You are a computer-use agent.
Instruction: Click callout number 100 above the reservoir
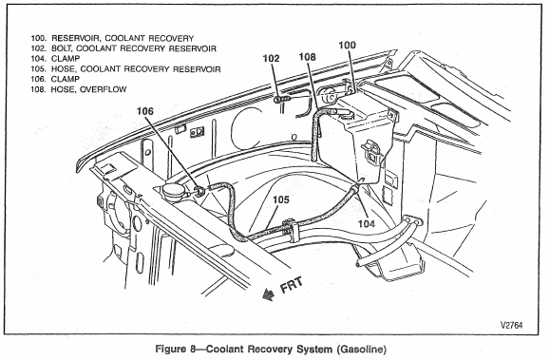pyautogui.click(x=347, y=45)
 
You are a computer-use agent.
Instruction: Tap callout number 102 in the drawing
pyautogui.click(x=271, y=58)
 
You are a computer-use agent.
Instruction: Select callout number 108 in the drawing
pyautogui.click(x=307, y=56)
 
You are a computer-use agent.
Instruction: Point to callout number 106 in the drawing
pyautogui.click(x=145, y=111)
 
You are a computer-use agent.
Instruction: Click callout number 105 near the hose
pyautogui.click(x=281, y=199)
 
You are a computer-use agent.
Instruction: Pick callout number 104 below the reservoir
pyautogui.click(x=367, y=223)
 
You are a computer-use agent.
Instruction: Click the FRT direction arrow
pyautogui.click(x=269, y=294)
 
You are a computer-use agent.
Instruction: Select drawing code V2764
pyautogui.click(x=511, y=325)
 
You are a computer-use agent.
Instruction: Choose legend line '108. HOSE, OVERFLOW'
pyautogui.click(x=79, y=89)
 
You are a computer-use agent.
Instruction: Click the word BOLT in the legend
pyautogui.click(x=62, y=48)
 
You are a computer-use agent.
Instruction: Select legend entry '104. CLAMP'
pyautogui.click(x=55, y=59)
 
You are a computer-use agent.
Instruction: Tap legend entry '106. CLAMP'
pyautogui.click(x=55, y=79)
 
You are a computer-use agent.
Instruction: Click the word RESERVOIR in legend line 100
pyautogui.click(x=75, y=38)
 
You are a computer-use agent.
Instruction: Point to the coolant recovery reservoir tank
pyautogui.click(x=357, y=140)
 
